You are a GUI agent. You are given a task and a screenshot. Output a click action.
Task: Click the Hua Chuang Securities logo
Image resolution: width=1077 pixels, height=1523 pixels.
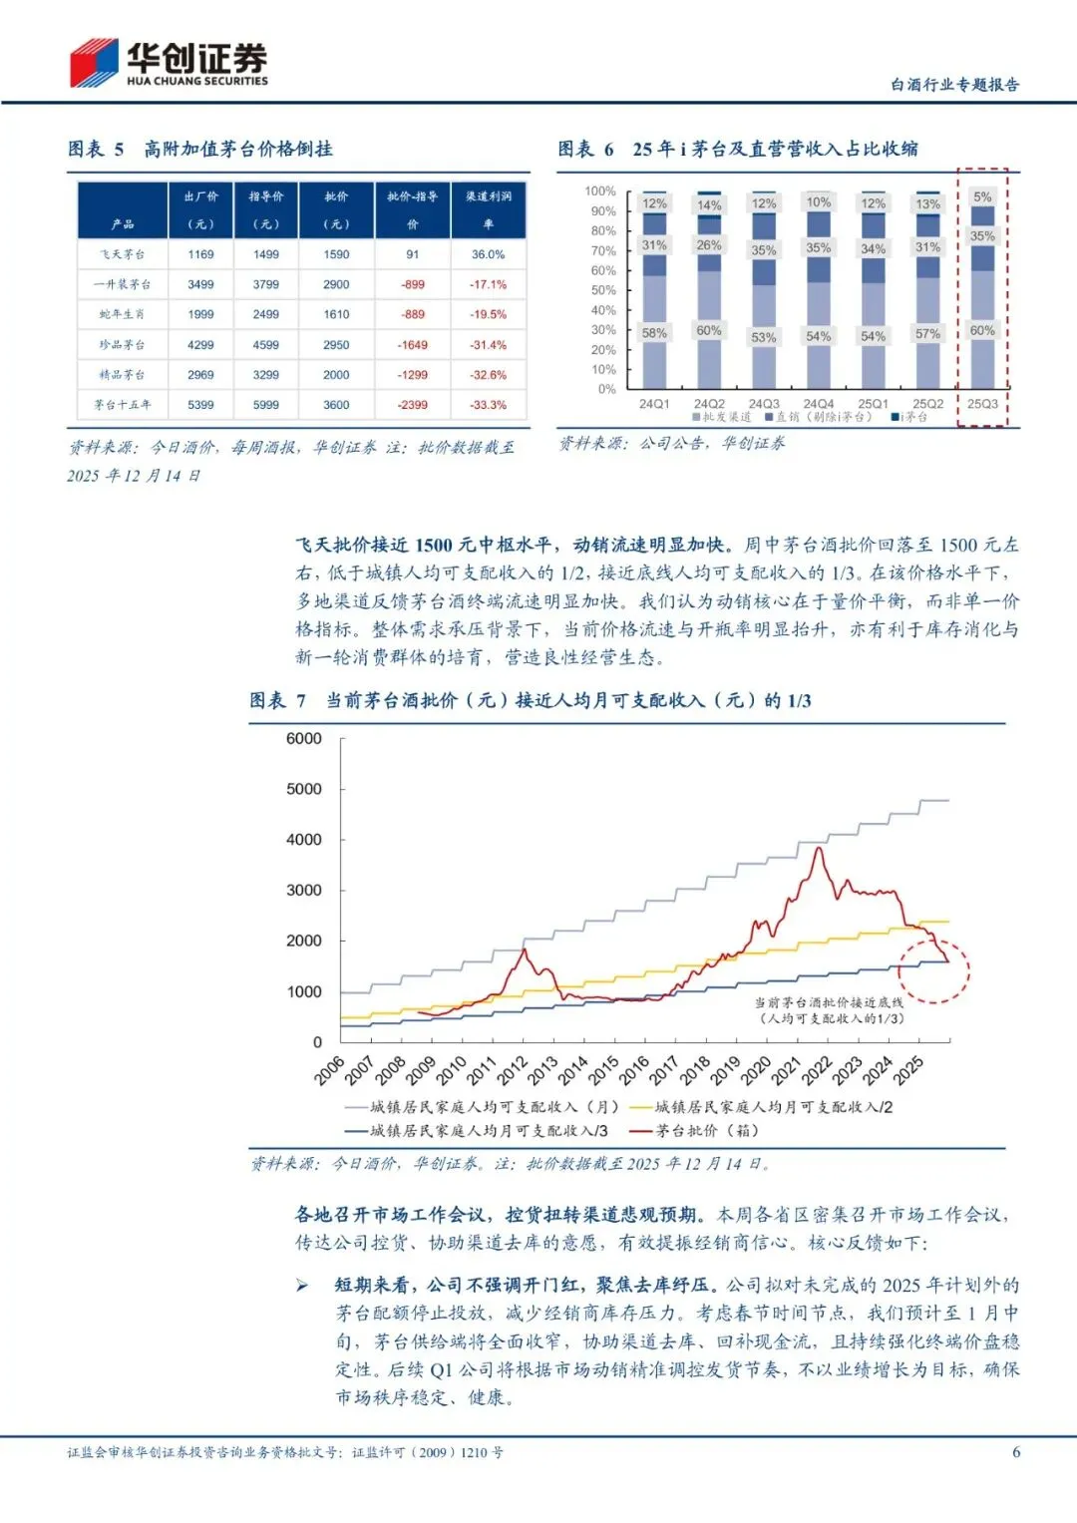pos(168,63)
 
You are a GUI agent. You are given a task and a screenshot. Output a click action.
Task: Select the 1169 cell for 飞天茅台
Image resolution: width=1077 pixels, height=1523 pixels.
pos(200,254)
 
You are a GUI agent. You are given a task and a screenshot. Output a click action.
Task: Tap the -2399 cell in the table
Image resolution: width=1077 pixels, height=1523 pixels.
pos(413,405)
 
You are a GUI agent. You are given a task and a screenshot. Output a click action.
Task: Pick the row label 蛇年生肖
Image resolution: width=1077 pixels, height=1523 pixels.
pos(122,314)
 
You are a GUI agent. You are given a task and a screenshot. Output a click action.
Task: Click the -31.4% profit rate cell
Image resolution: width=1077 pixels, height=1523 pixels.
pos(489,345)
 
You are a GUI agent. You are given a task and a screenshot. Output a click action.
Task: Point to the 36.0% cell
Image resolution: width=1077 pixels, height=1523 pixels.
pos(489,254)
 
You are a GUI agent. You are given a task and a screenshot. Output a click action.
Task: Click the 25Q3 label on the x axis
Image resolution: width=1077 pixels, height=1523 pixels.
pos(982,404)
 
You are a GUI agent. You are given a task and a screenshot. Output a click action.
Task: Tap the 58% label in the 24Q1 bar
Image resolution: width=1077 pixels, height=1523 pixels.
pos(654,333)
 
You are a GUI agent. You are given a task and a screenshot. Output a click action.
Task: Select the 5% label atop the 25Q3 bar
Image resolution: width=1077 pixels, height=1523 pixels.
pos(982,197)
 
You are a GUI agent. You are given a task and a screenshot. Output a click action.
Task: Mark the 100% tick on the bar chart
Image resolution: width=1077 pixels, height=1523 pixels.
pos(600,190)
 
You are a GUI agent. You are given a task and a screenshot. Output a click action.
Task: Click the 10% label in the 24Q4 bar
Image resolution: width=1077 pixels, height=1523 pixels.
pos(819,202)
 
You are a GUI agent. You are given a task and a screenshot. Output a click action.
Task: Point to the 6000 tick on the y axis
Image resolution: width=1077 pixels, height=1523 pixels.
pos(304,738)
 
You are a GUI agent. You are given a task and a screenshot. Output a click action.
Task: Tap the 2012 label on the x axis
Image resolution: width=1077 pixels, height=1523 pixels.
pos(513,1070)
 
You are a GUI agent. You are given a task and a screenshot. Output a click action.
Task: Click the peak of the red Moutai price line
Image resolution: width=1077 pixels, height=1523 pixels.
pos(819,848)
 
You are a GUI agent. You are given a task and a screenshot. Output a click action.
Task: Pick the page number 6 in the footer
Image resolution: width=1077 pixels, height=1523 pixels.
pos(1016,1452)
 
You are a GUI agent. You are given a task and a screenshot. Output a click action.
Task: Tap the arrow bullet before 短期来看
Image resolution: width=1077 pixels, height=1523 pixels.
pos(302,1286)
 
